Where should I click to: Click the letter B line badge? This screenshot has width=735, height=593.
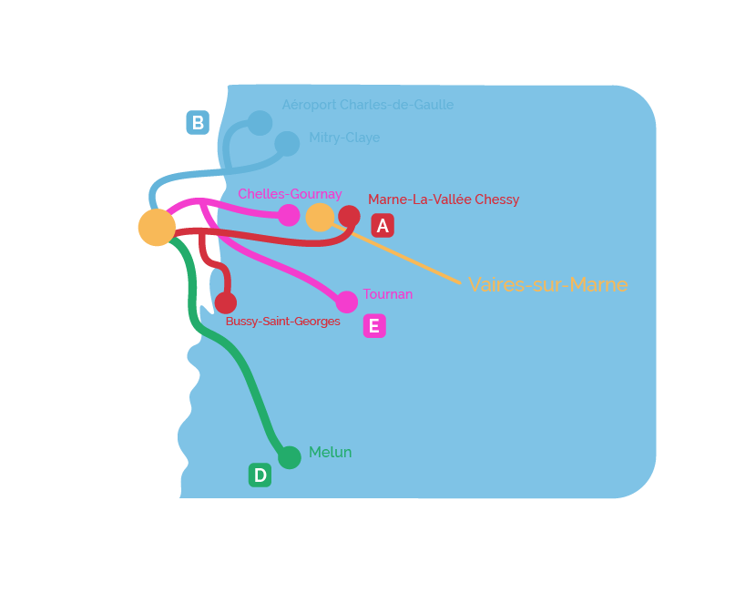(x=198, y=123)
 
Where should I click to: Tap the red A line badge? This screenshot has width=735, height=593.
(x=383, y=226)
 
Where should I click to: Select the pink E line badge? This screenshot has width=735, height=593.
(x=374, y=326)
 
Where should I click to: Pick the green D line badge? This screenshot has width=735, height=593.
(x=260, y=475)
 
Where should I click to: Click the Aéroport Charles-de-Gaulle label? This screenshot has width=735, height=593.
(x=368, y=105)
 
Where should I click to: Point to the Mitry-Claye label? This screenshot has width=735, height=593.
(x=344, y=138)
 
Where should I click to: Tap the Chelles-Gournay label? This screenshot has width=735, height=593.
(x=290, y=194)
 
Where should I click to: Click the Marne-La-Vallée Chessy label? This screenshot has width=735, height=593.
(x=444, y=199)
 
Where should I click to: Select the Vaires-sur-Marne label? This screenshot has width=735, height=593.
(x=548, y=284)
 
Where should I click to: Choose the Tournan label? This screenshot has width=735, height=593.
(x=388, y=294)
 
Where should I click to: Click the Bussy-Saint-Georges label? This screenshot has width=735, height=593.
(x=282, y=322)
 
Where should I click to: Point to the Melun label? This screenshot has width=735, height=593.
(x=330, y=452)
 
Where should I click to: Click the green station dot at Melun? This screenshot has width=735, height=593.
(x=290, y=457)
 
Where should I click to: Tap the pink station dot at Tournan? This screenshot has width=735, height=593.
(x=346, y=302)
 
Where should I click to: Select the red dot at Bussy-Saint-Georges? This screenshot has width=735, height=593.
(x=226, y=302)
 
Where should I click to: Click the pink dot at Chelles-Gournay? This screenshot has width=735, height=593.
(x=289, y=215)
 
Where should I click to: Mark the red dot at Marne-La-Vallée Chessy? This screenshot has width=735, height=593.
(x=349, y=217)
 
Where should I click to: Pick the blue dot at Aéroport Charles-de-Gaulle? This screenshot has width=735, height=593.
(x=260, y=123)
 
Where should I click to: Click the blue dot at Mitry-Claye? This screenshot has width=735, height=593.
(x=287, y=143)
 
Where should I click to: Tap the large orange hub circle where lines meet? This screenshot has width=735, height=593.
(x=157, y=228)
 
